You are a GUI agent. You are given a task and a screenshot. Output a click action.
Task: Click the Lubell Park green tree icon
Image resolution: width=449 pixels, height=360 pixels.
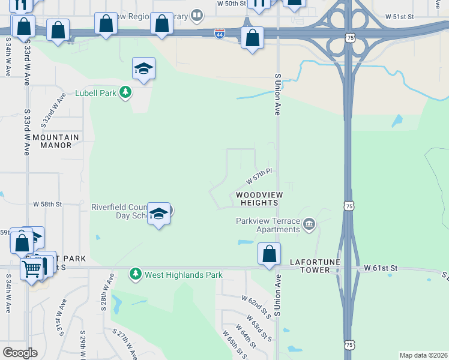[x=125, y=92]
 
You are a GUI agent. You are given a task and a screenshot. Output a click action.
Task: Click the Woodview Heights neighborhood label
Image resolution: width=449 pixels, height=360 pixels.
[x=259, y=199]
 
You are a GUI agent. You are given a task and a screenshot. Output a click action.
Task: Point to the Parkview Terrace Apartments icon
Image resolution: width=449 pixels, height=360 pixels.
[x=309, y=224]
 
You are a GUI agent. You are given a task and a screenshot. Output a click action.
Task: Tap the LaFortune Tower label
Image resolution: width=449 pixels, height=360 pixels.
[x=310, y=266]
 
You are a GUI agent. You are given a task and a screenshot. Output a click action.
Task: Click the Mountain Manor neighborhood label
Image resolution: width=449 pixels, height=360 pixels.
[x=55, y=141]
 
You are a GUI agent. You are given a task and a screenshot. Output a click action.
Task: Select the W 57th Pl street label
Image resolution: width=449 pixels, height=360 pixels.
[x=259, y=176]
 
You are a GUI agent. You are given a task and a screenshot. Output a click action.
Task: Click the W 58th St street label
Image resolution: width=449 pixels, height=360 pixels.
[x=47, y=204]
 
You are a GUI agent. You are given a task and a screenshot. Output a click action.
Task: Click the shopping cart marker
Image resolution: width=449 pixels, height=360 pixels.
[x=32, y=269]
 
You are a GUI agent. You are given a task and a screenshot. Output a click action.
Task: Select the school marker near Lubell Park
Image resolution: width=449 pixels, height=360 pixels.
[x=143, y=70]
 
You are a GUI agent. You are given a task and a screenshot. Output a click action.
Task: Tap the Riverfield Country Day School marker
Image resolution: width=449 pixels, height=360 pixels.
[x=158, y=214]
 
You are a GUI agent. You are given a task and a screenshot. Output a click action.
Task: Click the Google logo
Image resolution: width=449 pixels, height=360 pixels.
[x=20, y=353]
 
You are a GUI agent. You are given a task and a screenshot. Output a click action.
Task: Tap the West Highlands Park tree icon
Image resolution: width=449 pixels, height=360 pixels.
[x=136, y=275]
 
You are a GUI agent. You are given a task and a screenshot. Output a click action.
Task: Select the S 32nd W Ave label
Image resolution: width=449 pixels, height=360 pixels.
[x=53, y=110]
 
